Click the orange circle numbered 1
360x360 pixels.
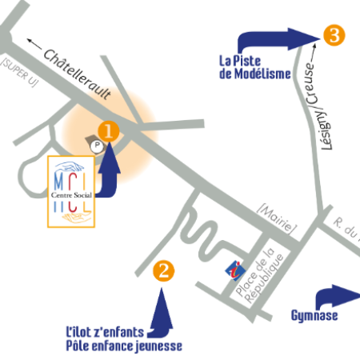pyautogui.click(x=109, y=131)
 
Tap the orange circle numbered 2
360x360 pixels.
pyautogui.click(x=164, y=271)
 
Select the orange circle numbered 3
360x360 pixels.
pyautogui.click(x=334, y=35)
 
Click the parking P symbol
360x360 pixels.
pyautogui.click(x=97, y=146)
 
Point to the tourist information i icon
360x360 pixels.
pyautogui.click(x=235, y=271)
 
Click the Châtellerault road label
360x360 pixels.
pyautogui.click(x=77, y=75)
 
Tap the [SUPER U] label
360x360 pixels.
pyautogui.click(x=19, y=72)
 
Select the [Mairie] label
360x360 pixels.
pyautogui.click(x=277, y=219)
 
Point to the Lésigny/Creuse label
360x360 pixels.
pyautogui.click(x=316, y=106)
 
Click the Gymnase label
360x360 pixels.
pyautogui.click(x=314, y=316)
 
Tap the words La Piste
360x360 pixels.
pyautogui.click(x=240, y=61)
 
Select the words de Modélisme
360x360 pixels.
pyautogui.click(x=255, y=74)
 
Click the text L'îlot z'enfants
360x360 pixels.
pyautogui.click(x=105, y=332)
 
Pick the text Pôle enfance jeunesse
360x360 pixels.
pyautogui.click(x=124, y=346)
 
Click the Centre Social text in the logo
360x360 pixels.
pyautogui.click(x=71, y=195)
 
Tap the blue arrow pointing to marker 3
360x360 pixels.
pyautogui.click(x=278, y=39)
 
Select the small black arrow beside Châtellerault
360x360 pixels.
pyautogui.click(x=34, y=44)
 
